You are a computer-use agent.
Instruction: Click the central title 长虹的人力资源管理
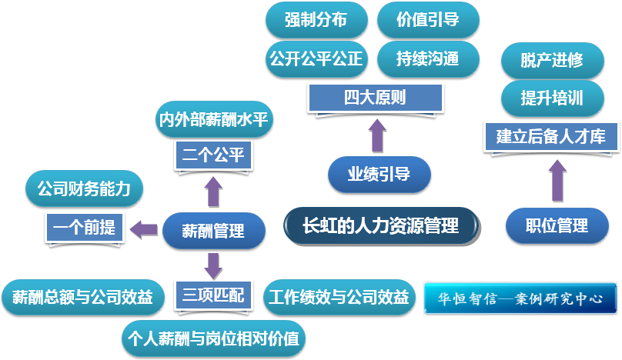tap(380, 225)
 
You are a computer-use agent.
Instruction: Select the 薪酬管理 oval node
tap(212, 230)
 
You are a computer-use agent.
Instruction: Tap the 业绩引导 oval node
tap(379, 174)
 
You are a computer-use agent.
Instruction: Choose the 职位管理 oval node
tap(557, 225)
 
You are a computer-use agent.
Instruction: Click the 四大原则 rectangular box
tap(375, 98)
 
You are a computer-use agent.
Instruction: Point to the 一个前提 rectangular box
tap(84, 227)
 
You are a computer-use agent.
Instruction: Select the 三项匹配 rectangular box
tap(213, 295)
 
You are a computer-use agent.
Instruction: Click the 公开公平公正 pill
tap(316, 58)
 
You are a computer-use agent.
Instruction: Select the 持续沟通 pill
tap(427, 58)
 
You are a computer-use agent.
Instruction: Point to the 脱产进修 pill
tap(551, 60)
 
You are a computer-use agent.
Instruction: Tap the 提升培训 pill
tap(551, 98)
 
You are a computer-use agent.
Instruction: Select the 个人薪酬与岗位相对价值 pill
tap(214, 336)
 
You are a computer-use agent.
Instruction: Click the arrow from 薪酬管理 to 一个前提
tap(142, 228)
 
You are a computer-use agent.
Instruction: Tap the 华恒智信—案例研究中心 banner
tap(520, 297)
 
